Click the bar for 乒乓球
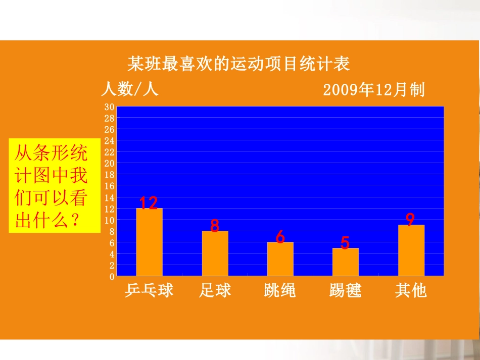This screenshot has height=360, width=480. pos(149,242)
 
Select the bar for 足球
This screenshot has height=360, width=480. pos(215,253)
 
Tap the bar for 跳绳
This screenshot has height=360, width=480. pos(280,259)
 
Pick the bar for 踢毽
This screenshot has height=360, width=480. pos(345,262)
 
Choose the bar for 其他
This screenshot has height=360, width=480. pos(411,250)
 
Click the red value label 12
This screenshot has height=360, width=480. pos(149,203)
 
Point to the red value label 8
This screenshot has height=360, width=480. pos(215,226)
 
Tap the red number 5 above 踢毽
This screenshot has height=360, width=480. pos(345,243)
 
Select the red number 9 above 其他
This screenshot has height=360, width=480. pos(410,220)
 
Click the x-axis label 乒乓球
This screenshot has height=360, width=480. pos(149,290)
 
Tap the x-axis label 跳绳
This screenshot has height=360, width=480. pos(280,290)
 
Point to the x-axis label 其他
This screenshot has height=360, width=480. pos(411,290)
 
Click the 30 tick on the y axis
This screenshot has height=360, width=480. pos(109,107)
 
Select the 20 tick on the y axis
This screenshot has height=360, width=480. pos(109,163)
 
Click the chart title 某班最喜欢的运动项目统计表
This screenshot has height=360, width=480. pos(238,65)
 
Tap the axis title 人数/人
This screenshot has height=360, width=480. pos(130,89)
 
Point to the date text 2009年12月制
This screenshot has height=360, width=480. pos(373,90)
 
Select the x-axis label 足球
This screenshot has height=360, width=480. pos(215,290)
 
